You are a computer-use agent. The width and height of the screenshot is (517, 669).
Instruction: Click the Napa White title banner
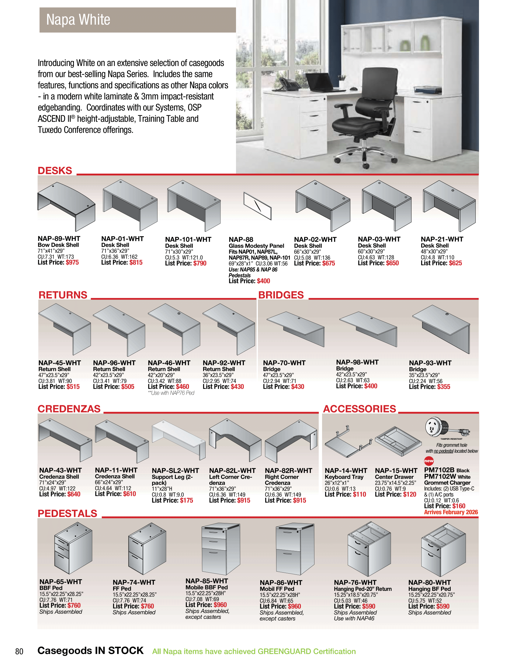137,20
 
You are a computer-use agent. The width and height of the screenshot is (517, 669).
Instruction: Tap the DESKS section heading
55,171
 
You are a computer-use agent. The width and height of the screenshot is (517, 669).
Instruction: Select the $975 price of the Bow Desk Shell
72,262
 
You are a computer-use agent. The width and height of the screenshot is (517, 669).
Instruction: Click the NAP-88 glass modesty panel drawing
257,206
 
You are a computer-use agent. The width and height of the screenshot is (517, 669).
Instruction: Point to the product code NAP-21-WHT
442,239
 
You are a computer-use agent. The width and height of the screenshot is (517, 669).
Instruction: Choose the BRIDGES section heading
281,295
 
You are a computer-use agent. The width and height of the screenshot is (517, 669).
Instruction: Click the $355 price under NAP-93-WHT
443,387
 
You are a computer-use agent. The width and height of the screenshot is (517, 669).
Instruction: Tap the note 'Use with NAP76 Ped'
171,393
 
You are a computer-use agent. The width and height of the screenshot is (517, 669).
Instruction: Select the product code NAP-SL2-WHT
175,470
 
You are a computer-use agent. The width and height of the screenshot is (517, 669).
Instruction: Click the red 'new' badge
429,461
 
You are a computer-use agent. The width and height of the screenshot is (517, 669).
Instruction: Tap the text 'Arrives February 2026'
451,512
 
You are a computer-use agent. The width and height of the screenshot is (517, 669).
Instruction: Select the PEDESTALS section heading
68,513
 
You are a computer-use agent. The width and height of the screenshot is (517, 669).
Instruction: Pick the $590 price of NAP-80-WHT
443,607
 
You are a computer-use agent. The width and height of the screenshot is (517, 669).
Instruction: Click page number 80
19,651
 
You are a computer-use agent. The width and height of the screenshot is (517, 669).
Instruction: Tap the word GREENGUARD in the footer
285,651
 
